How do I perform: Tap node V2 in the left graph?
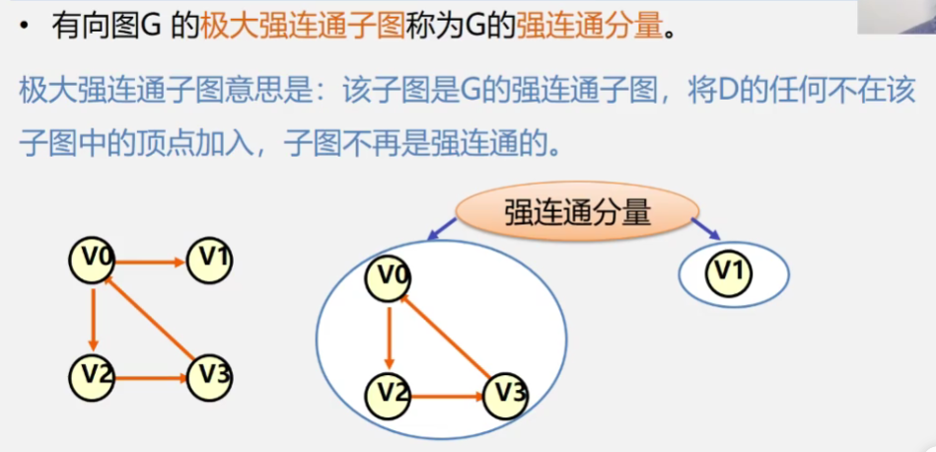click(93, 376)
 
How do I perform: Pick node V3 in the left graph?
click(210, 376)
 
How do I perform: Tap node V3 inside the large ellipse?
click(505, 394)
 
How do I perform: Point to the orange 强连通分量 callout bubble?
click(577, 211)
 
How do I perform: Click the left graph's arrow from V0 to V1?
click(151, 263)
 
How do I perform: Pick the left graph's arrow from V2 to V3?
click(151, 376)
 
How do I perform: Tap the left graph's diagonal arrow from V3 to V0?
click(150, 318)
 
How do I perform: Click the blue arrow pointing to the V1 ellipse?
click(704, 230)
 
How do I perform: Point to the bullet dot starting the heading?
click(23, 27)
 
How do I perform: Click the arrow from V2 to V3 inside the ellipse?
click(447, 396)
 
